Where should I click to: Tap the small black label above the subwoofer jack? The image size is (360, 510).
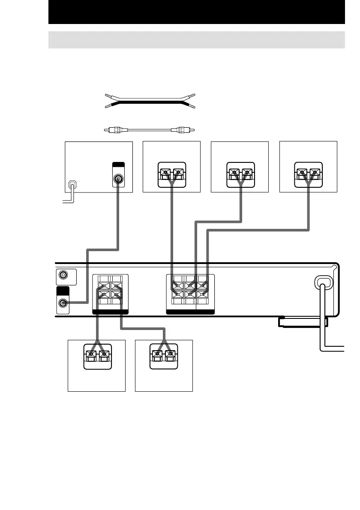[118, 165]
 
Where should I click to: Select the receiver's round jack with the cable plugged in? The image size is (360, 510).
[63, 303]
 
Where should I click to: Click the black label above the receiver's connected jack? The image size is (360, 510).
[63, 291]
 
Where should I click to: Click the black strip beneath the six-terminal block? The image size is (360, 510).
[190, 312]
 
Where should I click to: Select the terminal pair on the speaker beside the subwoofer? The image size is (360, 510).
[172, 174]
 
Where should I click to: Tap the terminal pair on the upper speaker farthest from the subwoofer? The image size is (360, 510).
[308, 174]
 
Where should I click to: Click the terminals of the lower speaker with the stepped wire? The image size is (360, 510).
[164, 356]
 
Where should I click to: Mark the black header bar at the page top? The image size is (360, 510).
[197, 12]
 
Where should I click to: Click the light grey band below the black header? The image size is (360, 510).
[197, 40]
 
